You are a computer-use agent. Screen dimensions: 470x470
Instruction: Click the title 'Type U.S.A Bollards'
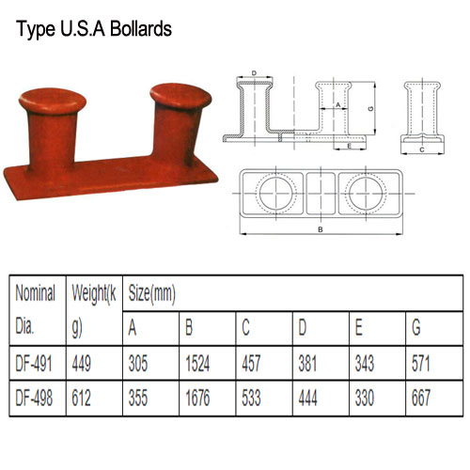coord(92,27)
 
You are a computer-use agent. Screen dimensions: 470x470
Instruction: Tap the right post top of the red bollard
coord(176,95)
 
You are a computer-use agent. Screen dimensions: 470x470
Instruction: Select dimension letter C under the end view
coord(421,149)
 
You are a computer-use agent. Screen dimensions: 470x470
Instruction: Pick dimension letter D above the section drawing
coord(255,73)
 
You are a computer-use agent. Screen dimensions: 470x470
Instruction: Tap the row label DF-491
coord(35,362)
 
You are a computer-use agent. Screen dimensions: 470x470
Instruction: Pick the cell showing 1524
coord(200,362)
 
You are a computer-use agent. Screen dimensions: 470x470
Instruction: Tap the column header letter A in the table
coord(133,329)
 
